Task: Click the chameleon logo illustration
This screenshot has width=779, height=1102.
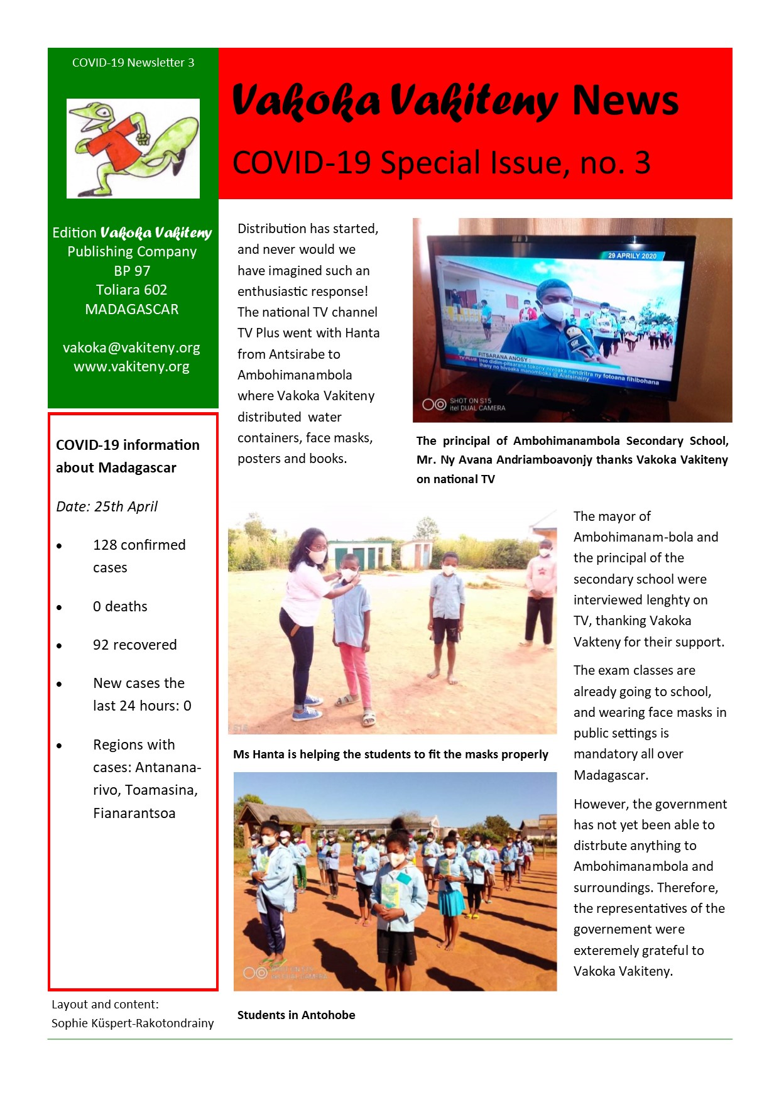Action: [133, 148]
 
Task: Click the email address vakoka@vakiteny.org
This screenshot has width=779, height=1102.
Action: [131, 347]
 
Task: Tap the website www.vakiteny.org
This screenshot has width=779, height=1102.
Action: [131, 366]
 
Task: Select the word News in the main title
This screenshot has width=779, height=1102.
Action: [624, 101]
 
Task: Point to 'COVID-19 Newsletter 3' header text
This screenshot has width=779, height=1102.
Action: [133, 62]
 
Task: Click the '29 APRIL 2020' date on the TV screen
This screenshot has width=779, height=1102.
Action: [632, 256]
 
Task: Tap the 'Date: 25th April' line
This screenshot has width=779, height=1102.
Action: [107, 506]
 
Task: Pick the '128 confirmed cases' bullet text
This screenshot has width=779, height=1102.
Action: [139, 555]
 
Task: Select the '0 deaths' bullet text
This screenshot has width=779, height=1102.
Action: [120, 606]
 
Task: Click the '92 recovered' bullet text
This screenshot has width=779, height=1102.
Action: [134, 645]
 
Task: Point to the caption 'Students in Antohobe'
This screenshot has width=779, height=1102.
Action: [296, 1015]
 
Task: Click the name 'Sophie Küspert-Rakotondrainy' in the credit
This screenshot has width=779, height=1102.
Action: [133, 1023]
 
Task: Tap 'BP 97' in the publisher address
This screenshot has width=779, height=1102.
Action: [132, 271]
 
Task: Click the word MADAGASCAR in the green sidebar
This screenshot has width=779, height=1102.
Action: [132, 309]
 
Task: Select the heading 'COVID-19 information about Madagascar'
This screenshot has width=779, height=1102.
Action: [128, 456]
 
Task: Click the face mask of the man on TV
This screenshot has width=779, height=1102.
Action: [556, 310]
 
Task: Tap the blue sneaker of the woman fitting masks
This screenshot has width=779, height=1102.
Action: [307, 714]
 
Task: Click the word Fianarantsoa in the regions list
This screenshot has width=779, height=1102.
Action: [134, 813]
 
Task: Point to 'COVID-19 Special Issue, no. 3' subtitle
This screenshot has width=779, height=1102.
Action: [441, 163]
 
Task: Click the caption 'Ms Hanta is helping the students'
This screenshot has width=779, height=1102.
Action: [390, 754]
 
